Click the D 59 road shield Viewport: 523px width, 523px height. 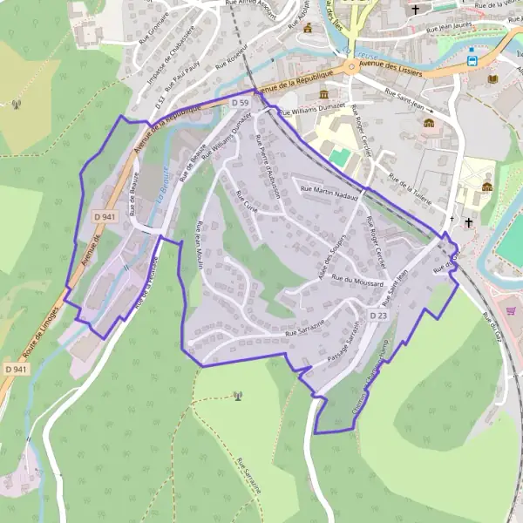tap(241, 102)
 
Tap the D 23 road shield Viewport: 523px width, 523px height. tap(378, 315)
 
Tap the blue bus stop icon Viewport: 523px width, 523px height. tap(472, 61)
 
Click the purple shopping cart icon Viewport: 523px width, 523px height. tap(511, 309)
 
